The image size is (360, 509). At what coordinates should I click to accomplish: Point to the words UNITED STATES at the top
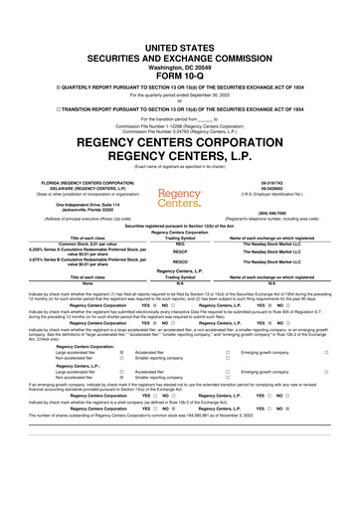coord(180,22)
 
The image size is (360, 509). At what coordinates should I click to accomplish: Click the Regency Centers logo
coord(180,166)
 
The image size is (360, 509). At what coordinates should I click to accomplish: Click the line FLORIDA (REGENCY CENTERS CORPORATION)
coord(60,154)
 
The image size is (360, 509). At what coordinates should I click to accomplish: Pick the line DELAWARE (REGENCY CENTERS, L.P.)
coord(60,160)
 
